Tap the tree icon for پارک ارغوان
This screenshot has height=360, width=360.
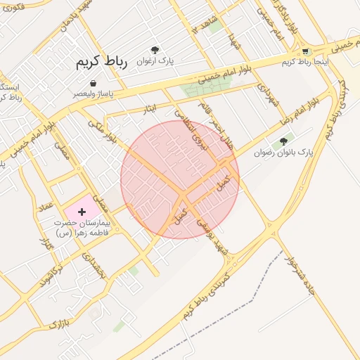click(155, 50)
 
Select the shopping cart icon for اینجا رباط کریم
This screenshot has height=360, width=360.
click(304, 51)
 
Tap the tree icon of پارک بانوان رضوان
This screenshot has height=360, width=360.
click(284, 141)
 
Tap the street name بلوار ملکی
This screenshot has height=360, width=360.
click(103, 131)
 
